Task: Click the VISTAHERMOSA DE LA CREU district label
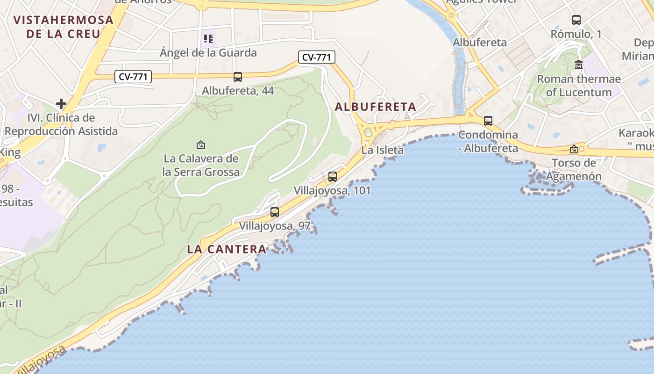64,27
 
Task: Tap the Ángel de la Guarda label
208,52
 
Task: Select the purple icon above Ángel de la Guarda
208,38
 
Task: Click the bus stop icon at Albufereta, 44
238,77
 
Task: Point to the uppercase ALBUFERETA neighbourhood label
376,107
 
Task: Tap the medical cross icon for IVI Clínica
61,103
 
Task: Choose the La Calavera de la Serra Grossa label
201,165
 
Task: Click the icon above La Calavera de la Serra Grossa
201,145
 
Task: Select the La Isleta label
382,150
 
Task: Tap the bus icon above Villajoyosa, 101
333,177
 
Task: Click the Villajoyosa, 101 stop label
332,191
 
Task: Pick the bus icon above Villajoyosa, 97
275,212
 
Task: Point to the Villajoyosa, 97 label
275,226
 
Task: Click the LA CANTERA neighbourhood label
227,249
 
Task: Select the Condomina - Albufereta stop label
488,142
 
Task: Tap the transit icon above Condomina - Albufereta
488,121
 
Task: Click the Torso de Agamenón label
574,170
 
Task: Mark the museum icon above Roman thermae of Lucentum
579,65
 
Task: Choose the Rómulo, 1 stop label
576,34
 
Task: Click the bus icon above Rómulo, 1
576,20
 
